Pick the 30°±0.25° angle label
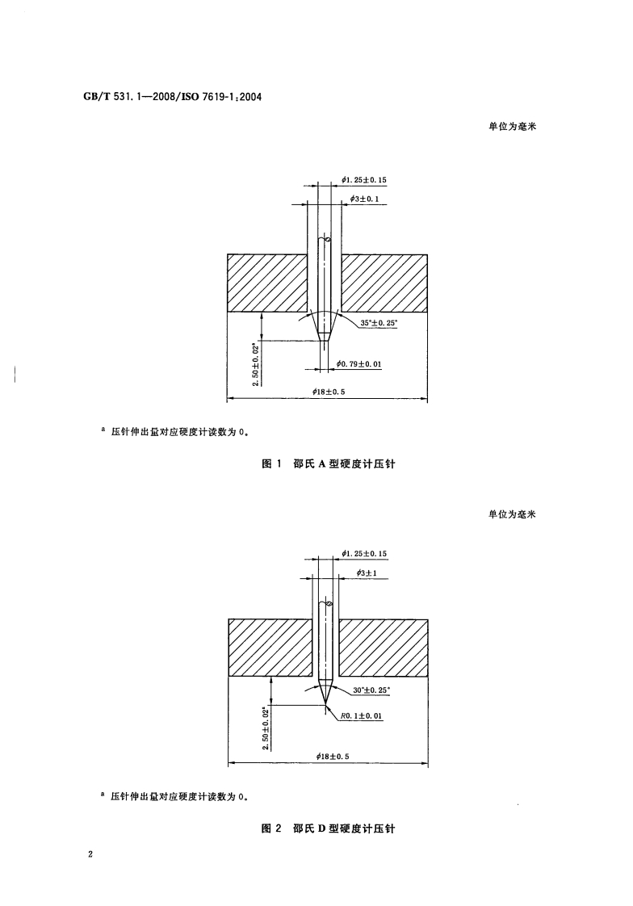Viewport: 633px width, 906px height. tap(371, 690)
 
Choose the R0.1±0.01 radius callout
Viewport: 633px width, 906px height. tap(360, 716)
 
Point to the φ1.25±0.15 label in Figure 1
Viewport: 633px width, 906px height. tap(364, 179)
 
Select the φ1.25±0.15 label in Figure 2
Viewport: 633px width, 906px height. tap(365, 553)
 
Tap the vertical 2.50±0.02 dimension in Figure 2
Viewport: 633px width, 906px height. tap(266, 728)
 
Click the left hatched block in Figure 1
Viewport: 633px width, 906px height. tap(268, 283)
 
